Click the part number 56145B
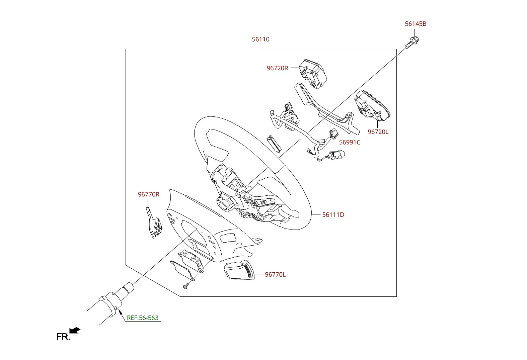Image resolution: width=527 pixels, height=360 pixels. point(416,24)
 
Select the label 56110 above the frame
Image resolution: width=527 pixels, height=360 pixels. point(261,39)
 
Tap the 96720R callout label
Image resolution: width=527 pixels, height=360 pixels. point(277,68)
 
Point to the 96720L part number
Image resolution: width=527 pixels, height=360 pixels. point(378,132)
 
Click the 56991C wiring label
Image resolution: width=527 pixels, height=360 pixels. point(350,142)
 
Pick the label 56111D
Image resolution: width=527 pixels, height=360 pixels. point(333,215)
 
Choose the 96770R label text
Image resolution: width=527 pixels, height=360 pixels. point(148,194)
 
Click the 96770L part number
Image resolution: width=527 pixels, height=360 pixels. point(275,275)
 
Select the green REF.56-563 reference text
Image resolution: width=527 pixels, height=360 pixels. point(143,318)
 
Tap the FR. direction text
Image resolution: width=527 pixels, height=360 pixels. point(63,337)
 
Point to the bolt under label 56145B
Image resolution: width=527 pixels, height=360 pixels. point(412,42)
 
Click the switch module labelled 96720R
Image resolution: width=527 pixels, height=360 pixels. point(313,74)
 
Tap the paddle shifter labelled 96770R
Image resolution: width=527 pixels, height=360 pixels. point(154,222)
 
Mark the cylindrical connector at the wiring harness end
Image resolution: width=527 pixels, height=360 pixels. point(337,155)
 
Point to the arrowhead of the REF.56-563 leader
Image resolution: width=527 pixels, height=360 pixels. point(120,311)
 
